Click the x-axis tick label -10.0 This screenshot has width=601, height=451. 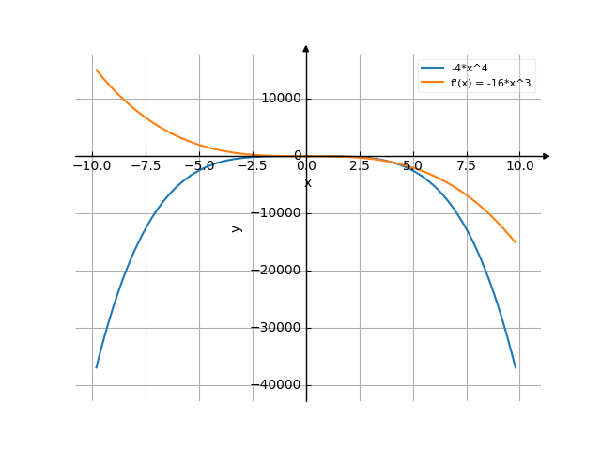[x=92, y=165]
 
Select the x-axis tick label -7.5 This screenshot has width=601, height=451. [x=146, y=165]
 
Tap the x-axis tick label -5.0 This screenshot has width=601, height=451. [x=199, y=165]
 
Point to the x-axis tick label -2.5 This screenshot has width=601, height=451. [x=253, y=165]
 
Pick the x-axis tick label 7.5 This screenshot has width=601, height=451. [x=467, y=165]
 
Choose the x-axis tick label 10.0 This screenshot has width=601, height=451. [x=520, y=165]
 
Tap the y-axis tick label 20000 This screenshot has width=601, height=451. [x=281, y=271]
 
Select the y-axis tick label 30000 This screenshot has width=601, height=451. [x=281, y=328]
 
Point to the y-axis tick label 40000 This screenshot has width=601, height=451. [x=281, y=385]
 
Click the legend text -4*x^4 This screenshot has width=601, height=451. [x=468, y=68]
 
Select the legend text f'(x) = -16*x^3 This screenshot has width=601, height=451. [x=492, y=83]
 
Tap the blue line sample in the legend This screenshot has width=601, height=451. [x=432, y=68]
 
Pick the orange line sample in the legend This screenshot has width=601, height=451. [x=432, y=83]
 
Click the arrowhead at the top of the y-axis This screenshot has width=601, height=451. [x=306, y=47]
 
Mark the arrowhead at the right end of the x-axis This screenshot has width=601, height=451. [x=547, y=156]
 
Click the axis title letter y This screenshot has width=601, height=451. [x=237, y=227]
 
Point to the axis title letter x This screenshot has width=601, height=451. [x=308, y=183]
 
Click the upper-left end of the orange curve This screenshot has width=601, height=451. [x=96, y=70]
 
